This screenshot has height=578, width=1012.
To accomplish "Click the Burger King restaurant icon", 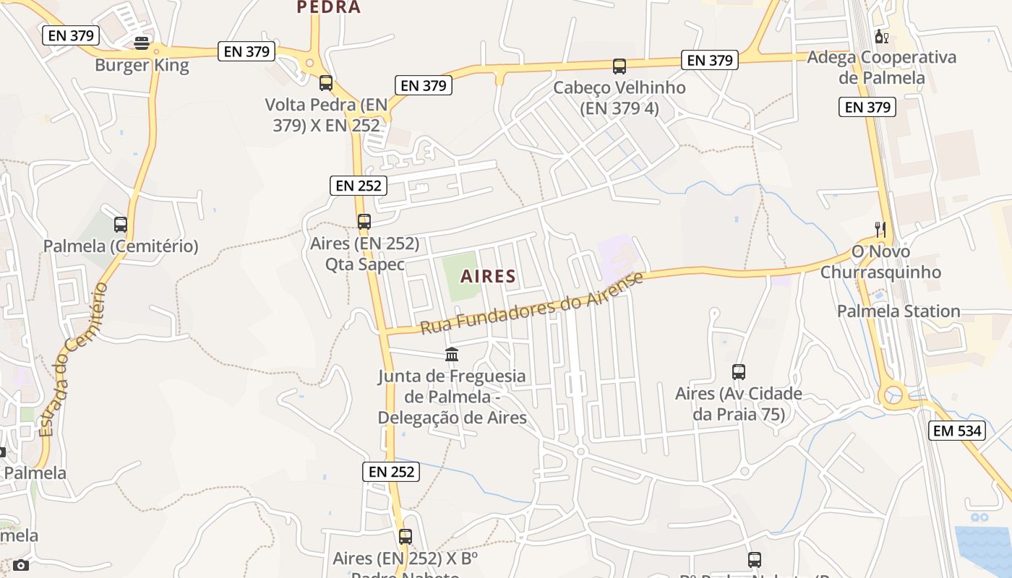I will pyautogui.click(x=142, y=43).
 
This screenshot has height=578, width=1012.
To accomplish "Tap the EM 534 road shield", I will pyautogui.click(x=957, y=431).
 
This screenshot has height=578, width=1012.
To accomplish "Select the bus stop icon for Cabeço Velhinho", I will pyautogui.click(x=619, y=66).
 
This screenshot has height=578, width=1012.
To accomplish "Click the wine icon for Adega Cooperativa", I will pyautogui.click(x=881, y=36).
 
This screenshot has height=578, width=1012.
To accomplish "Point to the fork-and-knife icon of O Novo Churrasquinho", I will pyautogui.click(x=880, y=230).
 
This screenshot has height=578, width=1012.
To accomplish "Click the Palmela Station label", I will pyautogui.click(x=899, y=311).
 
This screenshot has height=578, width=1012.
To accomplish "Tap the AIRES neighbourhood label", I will pyautogui.click(x=489, y=276).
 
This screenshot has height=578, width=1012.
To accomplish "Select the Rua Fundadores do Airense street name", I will pyautogui.click(x=531, y=303).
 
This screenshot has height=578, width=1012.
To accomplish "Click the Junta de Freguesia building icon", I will pyautogui.click(x=452, y=355).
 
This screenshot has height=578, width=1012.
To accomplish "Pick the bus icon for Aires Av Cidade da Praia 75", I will pyautogui.click(x=739, y=372).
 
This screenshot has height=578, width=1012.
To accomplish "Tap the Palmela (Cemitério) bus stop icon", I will pyautogui.click(x=121, y=225).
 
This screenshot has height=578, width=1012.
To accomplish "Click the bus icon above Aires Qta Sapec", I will pyautogui.click(x=364, y=222).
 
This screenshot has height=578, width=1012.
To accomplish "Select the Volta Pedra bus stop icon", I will pyautogui.click(x=326, y=83).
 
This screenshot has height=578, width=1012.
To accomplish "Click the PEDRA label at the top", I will pyautogui.click(x=329, y=7).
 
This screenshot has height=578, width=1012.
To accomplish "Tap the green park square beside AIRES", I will pyautogui.click(x=460, y=277).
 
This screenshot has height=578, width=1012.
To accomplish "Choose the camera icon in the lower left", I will pyautogui.click(x=21, y=565).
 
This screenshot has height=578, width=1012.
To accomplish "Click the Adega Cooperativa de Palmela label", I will pyautogui.click(x=881, y=67).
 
